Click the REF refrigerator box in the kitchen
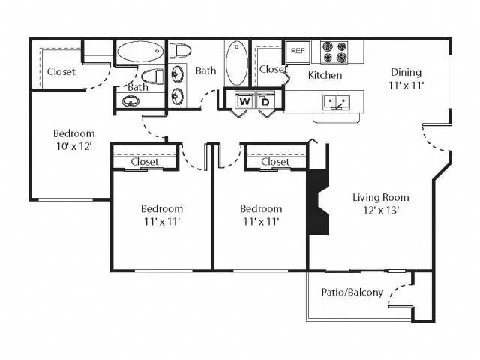click(298, 52)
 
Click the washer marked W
click(244, 100)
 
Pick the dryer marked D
click(265, 100)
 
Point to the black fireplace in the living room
click(318, 203)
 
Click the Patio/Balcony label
click(352, 292)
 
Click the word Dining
click(406, 73)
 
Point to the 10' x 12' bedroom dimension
click(73, 146)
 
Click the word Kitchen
click(325, 75)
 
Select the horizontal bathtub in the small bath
click(139, 53)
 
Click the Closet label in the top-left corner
click(61, 72)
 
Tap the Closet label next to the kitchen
click(271, 70)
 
